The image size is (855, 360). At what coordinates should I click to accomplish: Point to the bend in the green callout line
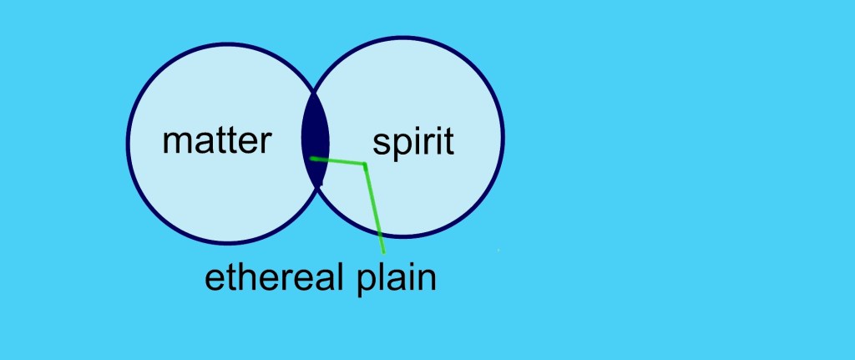click(365, 165)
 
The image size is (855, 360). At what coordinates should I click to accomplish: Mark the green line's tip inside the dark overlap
click(311, 158)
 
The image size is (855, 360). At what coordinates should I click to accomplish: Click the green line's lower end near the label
click(384, 252)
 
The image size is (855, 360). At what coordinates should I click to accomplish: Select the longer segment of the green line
click(375, 209)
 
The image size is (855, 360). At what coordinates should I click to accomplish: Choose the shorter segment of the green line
click(338, 161)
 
